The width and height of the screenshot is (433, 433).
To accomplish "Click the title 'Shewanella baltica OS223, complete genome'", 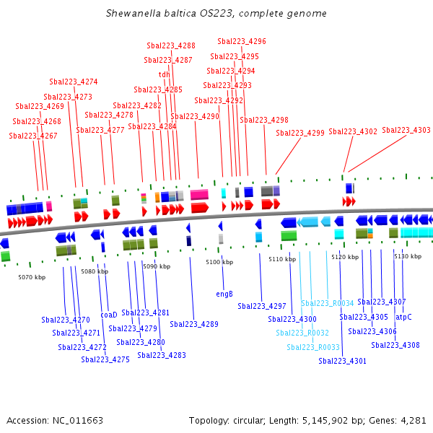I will (216, 13).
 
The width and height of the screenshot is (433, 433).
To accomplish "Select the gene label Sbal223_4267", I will (33, 136).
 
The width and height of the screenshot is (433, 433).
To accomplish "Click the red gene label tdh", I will (165, 74).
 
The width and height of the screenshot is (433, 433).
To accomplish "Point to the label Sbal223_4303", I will (406, 130).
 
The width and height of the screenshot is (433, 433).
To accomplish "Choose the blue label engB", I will (224, 294).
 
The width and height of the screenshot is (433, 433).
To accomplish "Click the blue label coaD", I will (108, 315).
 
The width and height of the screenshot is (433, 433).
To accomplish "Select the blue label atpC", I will (403, 317).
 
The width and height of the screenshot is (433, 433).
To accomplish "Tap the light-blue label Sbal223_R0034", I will (328, 304).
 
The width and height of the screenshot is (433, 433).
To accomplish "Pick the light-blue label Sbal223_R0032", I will (302, 333).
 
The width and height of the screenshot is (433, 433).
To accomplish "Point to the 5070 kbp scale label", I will (32, 277).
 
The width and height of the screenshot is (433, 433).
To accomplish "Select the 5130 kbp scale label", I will (408, 256).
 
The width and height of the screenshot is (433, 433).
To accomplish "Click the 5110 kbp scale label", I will (282, 258).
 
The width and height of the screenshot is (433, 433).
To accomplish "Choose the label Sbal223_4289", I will (194, 324).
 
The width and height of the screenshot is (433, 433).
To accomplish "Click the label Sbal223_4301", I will (343, 361).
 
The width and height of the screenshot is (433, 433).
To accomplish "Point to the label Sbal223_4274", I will (74, 82).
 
